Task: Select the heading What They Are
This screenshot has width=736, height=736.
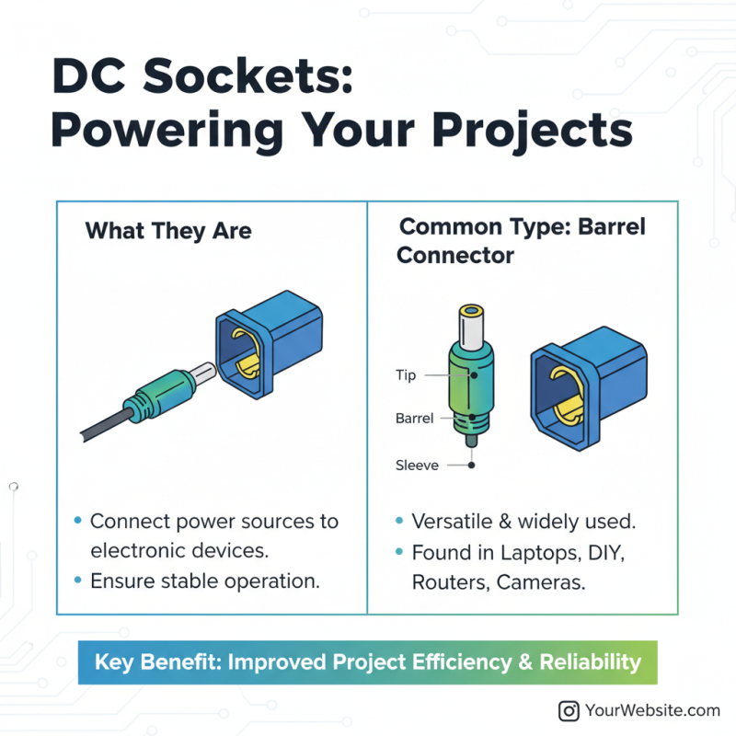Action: tap(168, 230)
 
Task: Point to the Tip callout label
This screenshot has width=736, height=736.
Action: tap(406, 375)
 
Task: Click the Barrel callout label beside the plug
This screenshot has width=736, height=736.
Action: tap(414, 418)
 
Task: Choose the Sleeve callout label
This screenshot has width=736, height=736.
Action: tap(417, 465)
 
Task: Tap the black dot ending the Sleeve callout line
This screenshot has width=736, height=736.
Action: tap(471, 466)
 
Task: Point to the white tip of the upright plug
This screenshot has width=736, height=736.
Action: tap(472, 328)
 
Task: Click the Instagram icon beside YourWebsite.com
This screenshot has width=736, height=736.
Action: tap(569, 710)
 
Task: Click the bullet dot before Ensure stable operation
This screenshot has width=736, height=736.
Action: tap(77, 581)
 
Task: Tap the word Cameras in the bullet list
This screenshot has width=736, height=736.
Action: tap(543, 582)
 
